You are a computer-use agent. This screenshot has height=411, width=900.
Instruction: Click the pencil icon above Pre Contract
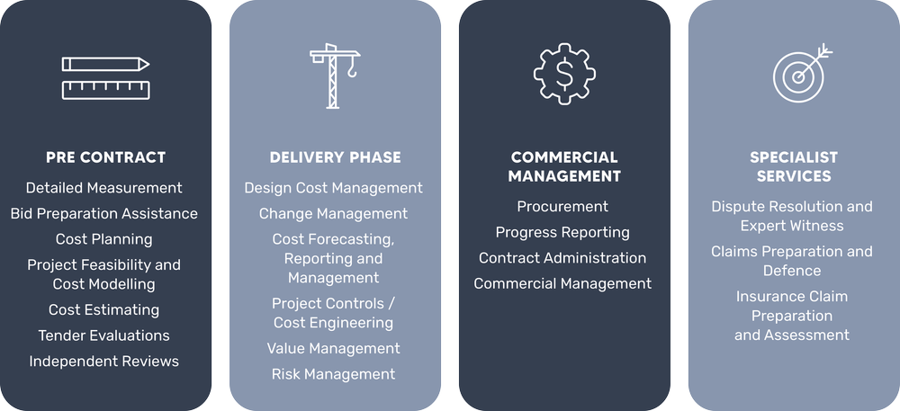tap(105, 65)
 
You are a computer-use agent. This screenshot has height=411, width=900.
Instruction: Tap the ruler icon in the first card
tap(105, 90)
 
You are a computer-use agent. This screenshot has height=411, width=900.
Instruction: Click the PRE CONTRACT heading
tap(105, 157)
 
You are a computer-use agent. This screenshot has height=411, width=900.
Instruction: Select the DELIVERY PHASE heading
tap(335, 157)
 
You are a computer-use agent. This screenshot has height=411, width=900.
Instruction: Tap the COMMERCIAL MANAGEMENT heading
tap(564, 166)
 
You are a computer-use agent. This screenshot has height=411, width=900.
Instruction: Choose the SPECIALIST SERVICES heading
tap(793, 166)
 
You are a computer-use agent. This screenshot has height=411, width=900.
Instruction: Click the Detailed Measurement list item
tap(104, 188)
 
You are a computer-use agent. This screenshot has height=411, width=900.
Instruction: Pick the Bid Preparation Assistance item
tap(104, 214)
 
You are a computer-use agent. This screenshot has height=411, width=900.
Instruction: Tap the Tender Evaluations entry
tap(104, 335)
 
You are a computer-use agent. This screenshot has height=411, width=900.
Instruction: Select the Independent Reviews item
tap(104, 362)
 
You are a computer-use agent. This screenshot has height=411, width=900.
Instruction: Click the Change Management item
tap(334, 214)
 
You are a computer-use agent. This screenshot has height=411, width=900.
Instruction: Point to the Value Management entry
tap(334, 348)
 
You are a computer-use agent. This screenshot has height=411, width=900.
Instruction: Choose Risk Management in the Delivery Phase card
tap(334, 374)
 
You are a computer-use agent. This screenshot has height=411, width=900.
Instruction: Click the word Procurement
tap(562, 207)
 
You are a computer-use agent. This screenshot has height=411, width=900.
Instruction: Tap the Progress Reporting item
tap(562, 232)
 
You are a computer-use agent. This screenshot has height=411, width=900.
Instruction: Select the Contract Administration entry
tap(562, 258)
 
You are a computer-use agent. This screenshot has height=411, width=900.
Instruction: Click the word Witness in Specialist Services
tap(818, 226)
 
